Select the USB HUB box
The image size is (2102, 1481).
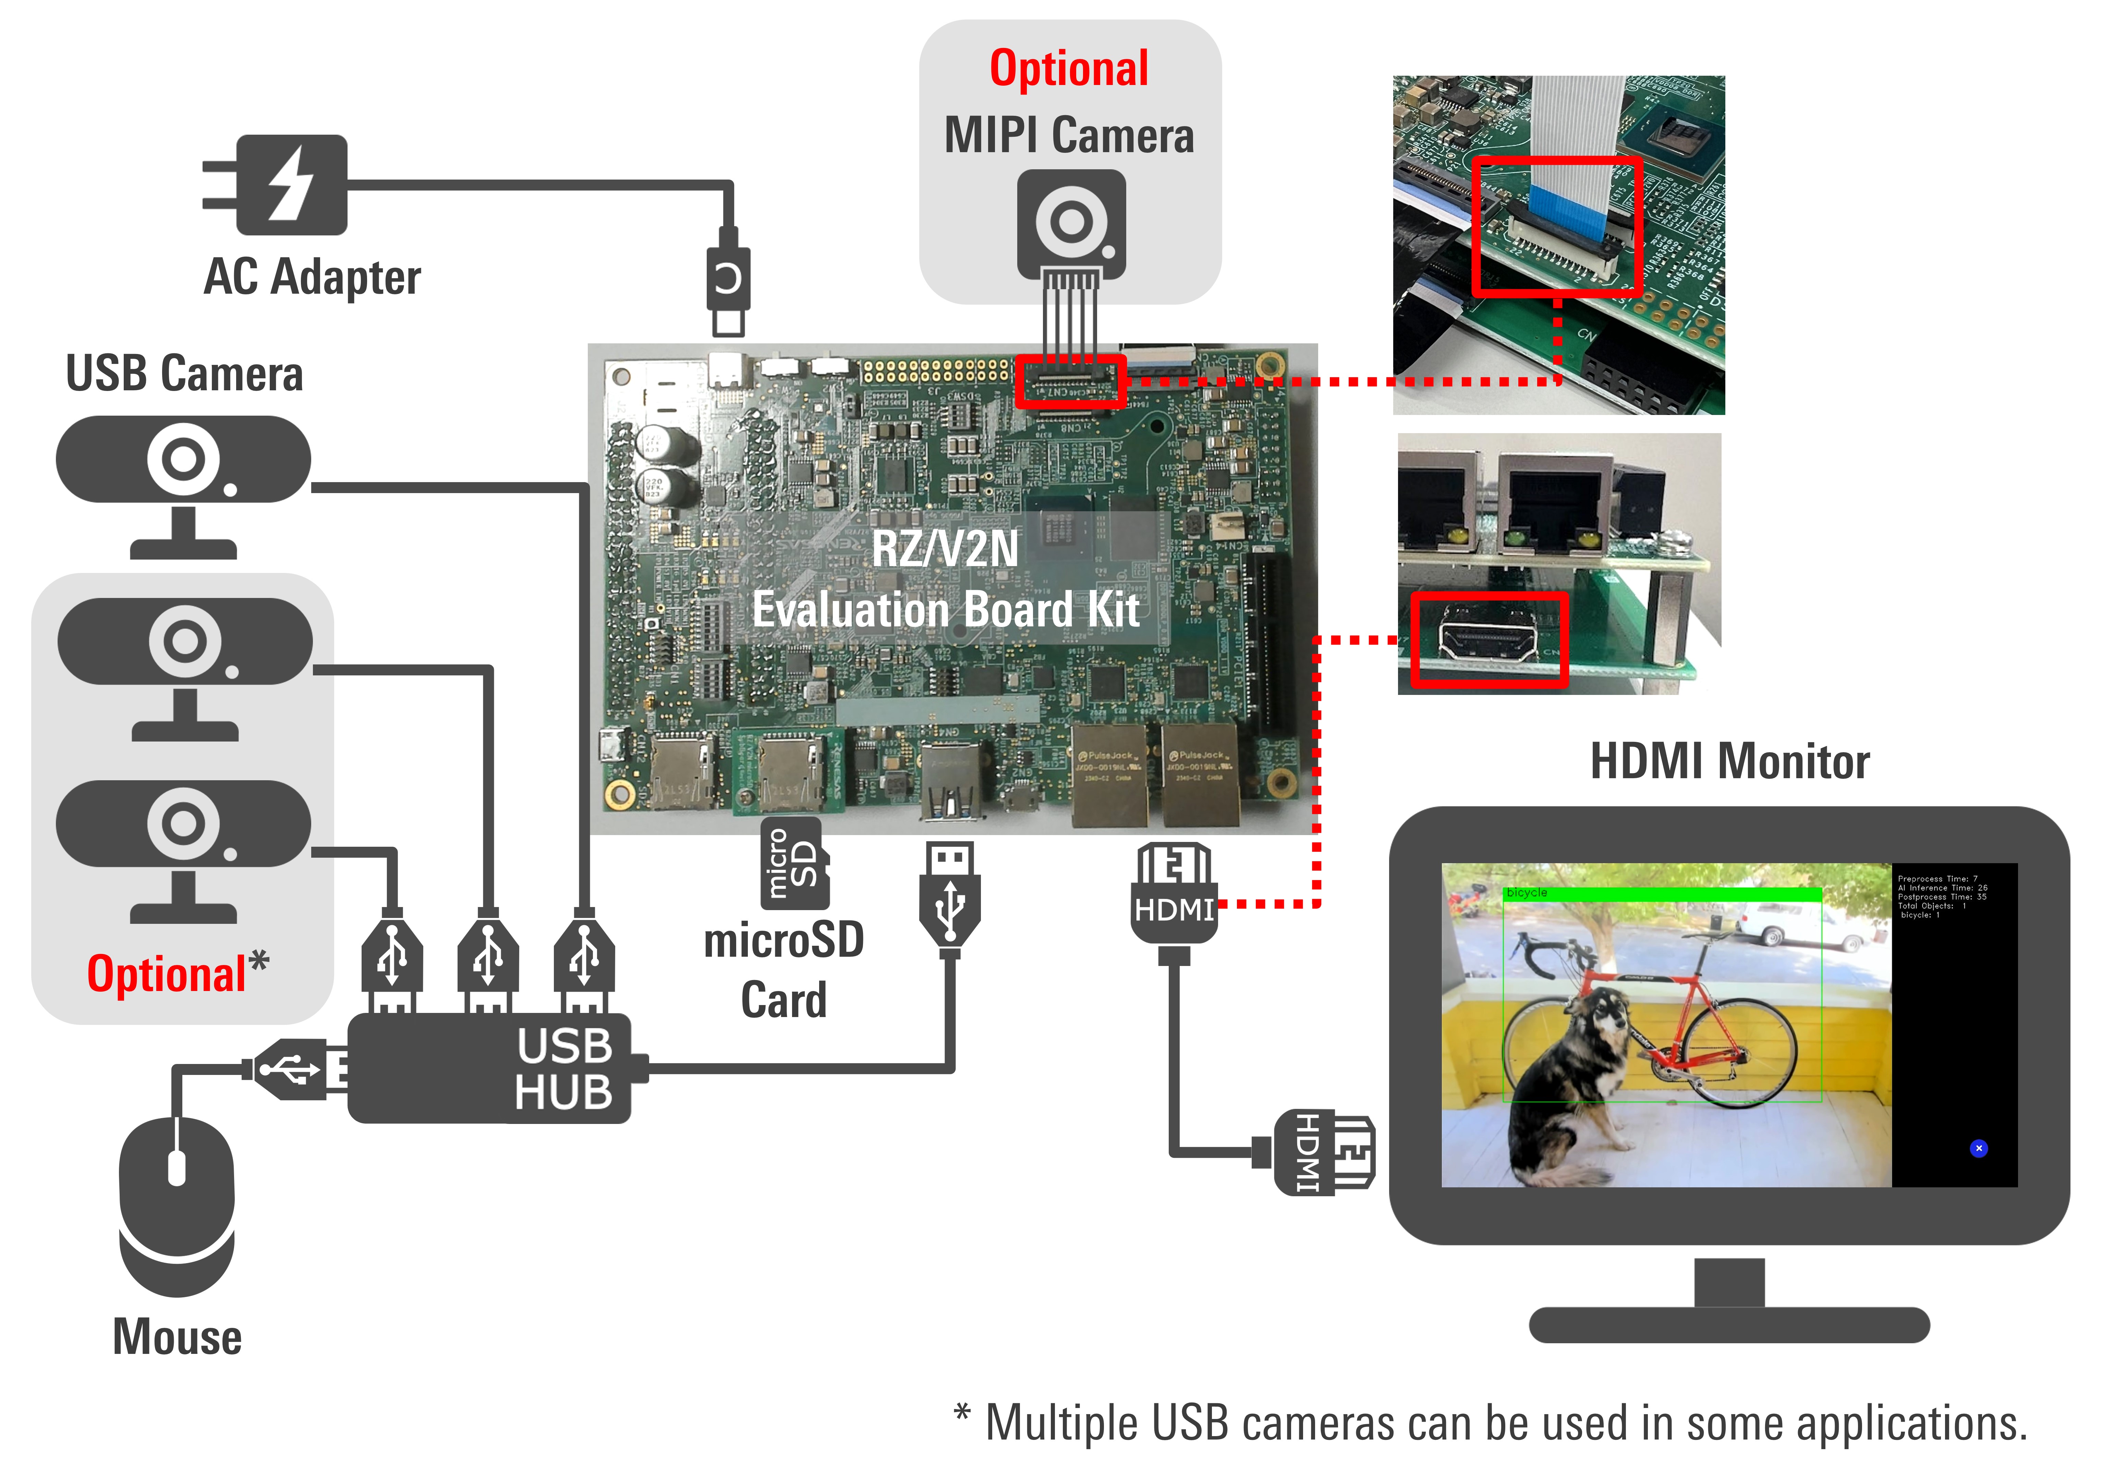click(x=490, y=1068)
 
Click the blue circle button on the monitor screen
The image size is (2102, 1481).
click(x=1978, y=1148)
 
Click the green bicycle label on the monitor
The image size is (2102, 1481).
click(x=1527, y=892)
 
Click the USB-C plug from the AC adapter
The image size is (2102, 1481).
click(x=728, y=279)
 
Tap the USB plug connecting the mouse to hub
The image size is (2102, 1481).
click(x=291, y=1068)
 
